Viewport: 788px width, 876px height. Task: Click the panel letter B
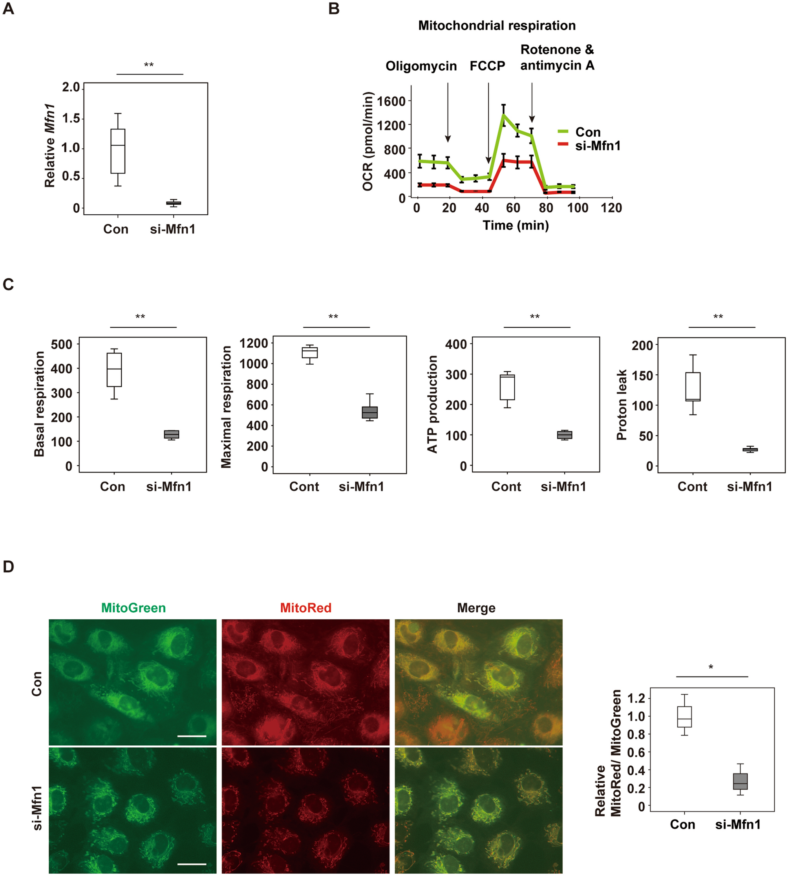[x=334, y=9]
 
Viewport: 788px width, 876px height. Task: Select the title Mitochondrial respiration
[x=497, y=26]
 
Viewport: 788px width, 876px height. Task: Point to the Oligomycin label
[x=421, y=66]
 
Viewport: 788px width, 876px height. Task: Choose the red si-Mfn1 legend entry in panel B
[x=589, y=146]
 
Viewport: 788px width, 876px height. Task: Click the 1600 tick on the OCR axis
[x=391, y=101]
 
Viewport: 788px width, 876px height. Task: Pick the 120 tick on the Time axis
[x=611, y=208]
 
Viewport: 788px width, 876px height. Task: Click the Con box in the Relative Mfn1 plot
[x=118, y=151]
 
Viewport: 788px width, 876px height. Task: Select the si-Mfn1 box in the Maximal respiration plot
[x=370, y=412]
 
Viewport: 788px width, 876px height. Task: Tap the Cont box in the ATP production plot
[x=507, y=387]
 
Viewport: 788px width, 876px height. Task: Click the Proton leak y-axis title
[x=622, y=405]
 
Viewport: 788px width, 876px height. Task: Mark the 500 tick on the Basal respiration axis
[x=62, y=345]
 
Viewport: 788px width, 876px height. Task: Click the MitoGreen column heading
[x=133, y=608]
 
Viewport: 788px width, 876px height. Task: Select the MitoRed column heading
[x=306, y=608]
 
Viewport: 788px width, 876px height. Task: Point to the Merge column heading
[x=476, y=608]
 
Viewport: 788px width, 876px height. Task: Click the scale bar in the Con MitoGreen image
[x=192, y=736]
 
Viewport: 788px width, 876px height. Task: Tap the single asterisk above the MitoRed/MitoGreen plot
[x=711, y=667]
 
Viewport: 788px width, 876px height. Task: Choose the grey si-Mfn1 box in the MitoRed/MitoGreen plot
[x=740, y=781]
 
